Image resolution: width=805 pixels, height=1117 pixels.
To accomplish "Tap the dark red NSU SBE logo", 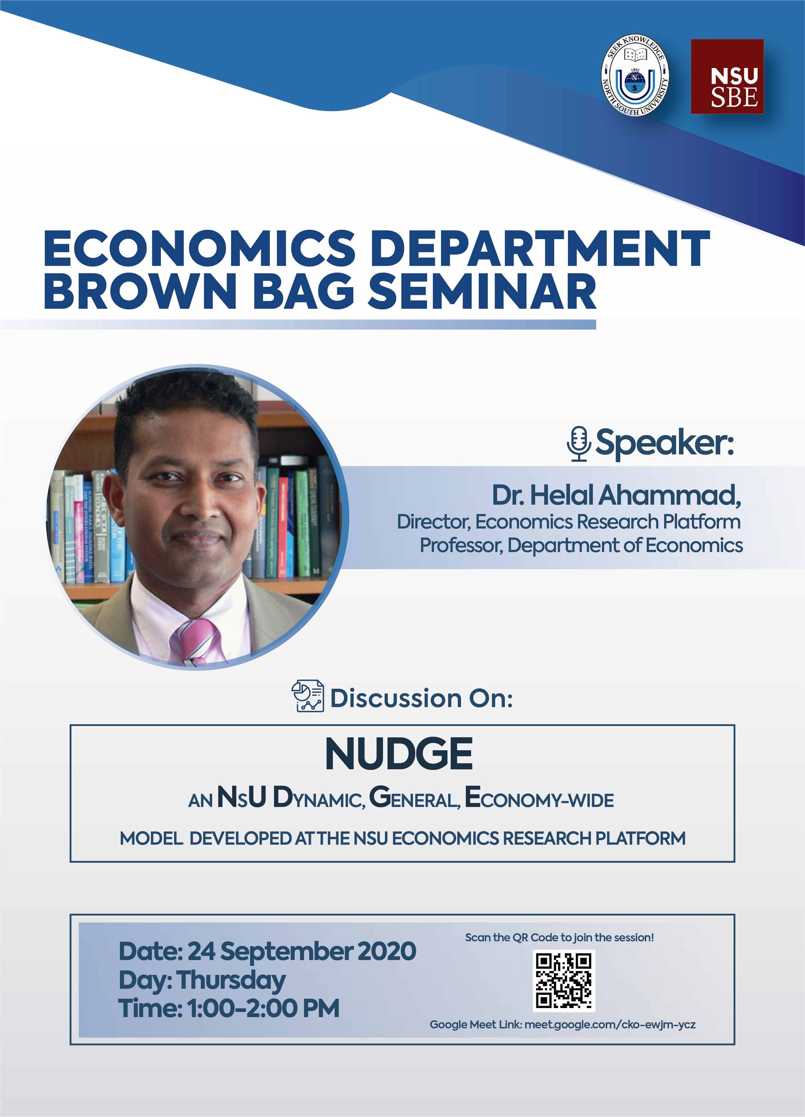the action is [x=727, y=77].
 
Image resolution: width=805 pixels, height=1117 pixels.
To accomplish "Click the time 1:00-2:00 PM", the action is [x=263, y=1008].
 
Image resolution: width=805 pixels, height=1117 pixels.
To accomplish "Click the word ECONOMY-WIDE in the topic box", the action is [x=539, y=798].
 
